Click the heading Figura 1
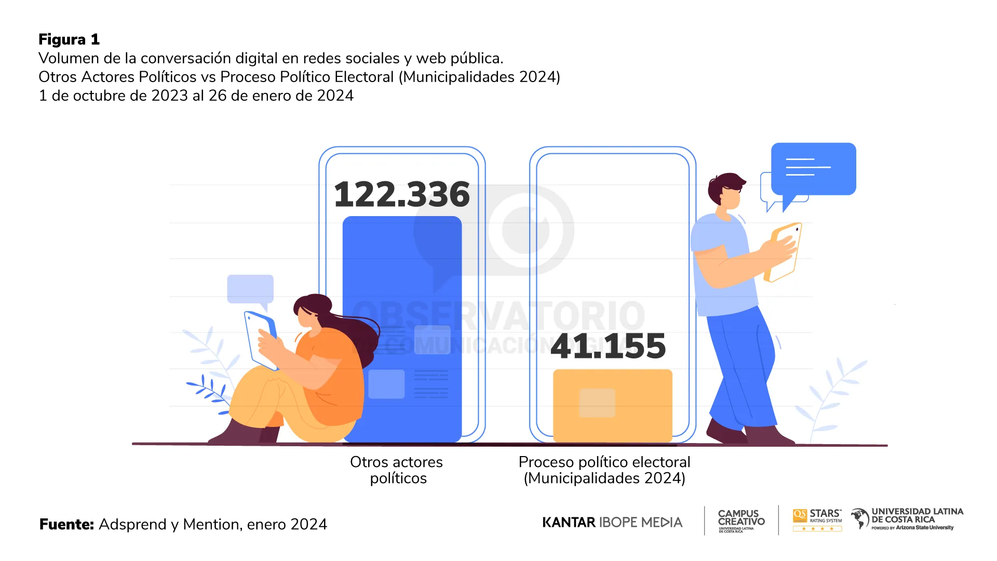click(69, 39)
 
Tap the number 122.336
click(401, 195)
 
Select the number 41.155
click(608, 346)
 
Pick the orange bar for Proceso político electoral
click(613, 405)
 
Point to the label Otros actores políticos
click(397, 470)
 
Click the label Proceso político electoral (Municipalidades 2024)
click(604, 470)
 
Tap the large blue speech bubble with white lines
click(813, 169)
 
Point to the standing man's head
click(727, 191)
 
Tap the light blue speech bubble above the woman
click(250, 289)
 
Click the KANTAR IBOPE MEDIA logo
click(612, 522)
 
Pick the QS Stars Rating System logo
click(817, 520)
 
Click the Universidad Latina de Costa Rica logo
click(907, 519)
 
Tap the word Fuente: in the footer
click(66, 524)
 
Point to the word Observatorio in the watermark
click(498, 316)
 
